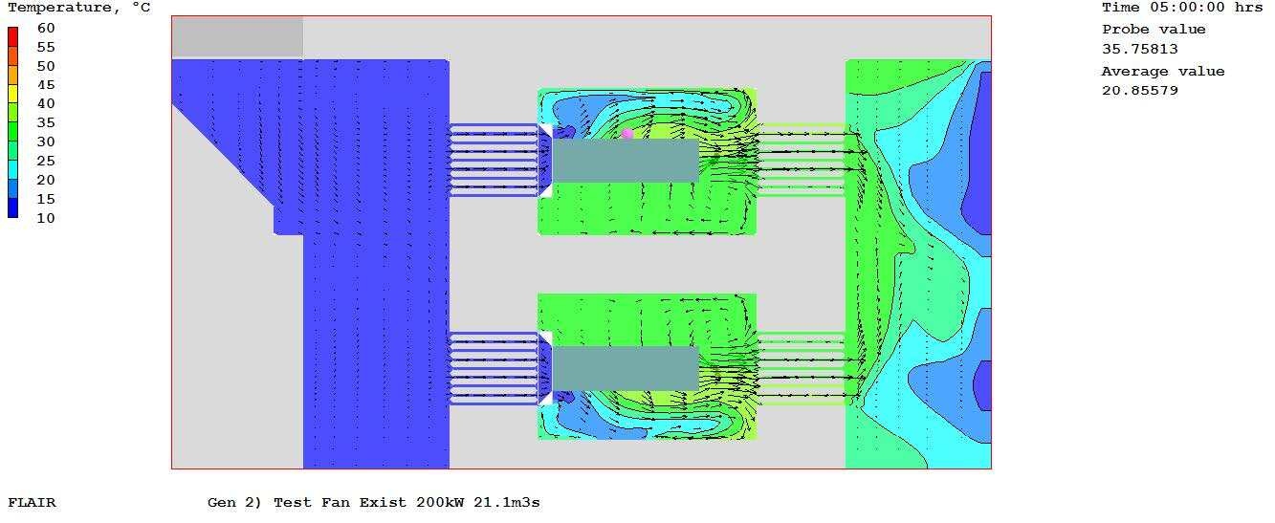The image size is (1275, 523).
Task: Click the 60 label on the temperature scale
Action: [46, 29]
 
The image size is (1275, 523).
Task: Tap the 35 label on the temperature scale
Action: [46, 123]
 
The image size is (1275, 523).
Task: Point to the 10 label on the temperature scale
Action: [46, 219]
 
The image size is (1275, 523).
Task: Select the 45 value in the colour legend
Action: [46, 85]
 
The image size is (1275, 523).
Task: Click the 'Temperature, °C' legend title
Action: [79, 8]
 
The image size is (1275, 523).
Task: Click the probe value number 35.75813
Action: [1139, 49]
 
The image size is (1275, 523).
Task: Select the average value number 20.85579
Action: [1139, 91]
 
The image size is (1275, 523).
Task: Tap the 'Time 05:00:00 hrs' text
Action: [1182, 8]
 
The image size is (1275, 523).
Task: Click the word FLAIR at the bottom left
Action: [32, 503]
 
